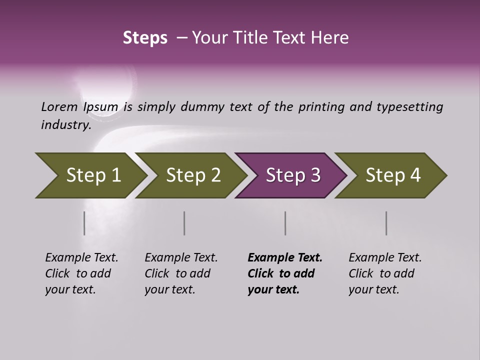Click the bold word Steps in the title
pyautogui.click(x=145, y=38)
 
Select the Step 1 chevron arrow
pyautogui.click(x=90, y=175)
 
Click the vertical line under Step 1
pyautogui.click(x=84, y=223)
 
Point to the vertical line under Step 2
pyautogui.click(x=184, y=223)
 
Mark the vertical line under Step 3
pyautogui.click(x=285, y=223)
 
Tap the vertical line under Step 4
pyautogui.click(x=386, y=223)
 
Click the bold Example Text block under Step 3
pyautogui.click(x=285, y=273)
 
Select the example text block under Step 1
pyautogui.click(x=81, y=273)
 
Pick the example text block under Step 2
pyautogui.click(x=181, y=273)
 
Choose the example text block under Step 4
pyautogui.click(x=385, y=273)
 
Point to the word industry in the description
pyautogui.click(x=66, y=125)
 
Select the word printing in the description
pyautogui.click(x=321, y=107)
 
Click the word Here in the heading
pyautogui.click(x=332, y=38)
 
